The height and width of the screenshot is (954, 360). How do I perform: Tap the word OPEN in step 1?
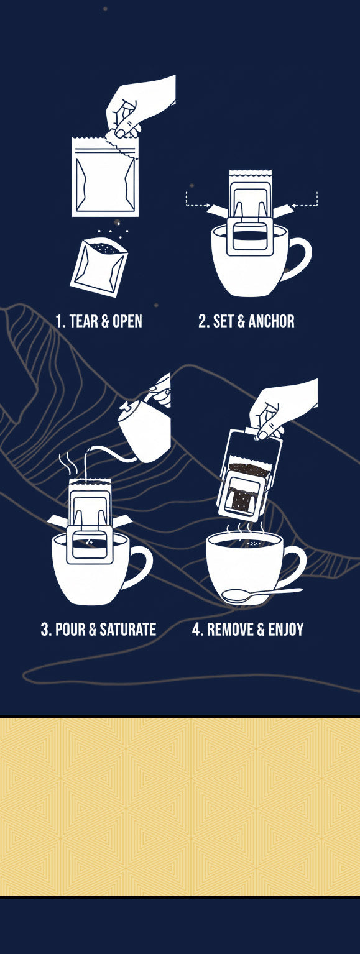[x=127, y=321]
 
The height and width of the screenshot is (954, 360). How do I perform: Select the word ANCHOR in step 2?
[x=272, y=321]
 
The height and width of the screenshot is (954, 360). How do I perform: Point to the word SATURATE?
[x=127, y=629]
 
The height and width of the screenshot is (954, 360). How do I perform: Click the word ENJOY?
[x=286, y=629]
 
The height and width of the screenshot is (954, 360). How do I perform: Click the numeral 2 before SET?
[x=202, y=321]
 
